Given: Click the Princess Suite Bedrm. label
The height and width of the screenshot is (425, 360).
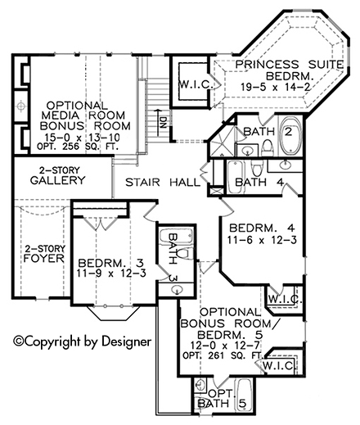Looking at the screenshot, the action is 289,70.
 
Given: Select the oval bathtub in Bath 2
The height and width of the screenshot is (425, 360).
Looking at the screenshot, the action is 290,135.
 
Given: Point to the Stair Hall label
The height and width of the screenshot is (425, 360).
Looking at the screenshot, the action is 163,182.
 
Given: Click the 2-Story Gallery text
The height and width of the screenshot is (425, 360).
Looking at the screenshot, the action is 57,175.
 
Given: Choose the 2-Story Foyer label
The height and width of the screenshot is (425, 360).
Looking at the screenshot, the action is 44,254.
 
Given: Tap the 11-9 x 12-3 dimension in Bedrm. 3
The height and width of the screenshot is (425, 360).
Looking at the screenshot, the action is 111,273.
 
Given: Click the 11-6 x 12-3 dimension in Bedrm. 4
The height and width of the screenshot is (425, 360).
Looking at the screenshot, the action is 262,240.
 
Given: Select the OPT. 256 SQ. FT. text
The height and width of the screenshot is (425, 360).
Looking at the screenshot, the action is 78,147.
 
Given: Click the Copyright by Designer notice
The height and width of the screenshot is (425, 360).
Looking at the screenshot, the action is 83,341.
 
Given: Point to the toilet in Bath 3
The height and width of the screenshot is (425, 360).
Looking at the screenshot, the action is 186,254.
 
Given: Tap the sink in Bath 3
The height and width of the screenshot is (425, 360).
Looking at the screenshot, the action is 177,290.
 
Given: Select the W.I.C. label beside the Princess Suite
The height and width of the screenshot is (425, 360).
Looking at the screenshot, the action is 196,85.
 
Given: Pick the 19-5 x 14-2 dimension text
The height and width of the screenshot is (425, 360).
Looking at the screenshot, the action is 276,87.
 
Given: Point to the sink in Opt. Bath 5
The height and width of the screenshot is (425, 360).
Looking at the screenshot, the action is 200,385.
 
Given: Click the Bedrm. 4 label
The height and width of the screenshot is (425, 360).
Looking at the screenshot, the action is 262,228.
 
